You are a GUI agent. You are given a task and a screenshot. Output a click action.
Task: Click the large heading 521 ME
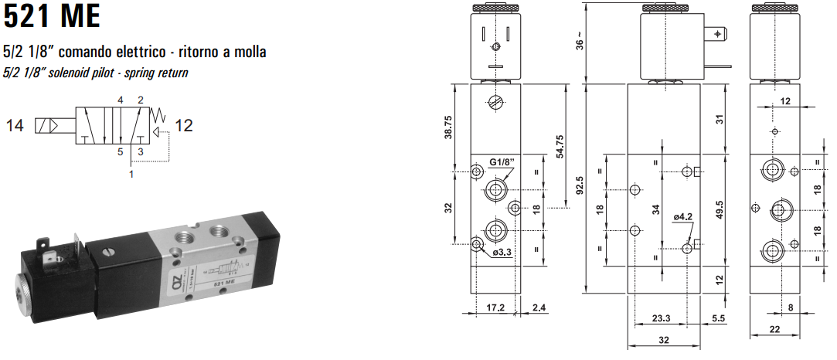pyautogui.click(x=52, y=16)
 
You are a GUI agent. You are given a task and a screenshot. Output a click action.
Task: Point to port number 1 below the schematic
pyautogui.click(x=131, y=175)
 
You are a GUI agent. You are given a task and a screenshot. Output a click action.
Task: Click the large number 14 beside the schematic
pyautogui.click(x=15, y=125)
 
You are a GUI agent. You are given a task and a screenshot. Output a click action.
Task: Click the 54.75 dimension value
pyautogui.click(x=560, y=145)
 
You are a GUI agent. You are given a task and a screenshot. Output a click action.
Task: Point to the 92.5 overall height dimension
pyautogui.click(x=579, y=186)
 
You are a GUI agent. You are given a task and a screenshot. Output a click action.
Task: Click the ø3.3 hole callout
pyautogui.click(x=502, y=252)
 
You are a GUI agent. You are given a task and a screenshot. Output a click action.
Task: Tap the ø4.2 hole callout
pyautogui.click(x=682, y=217)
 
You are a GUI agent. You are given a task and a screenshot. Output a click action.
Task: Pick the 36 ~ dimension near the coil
pyautogui.click(x=580, y=43)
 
